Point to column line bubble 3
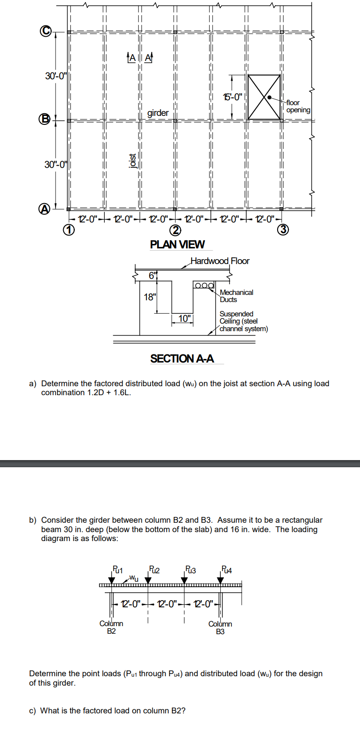[x=282, y=230]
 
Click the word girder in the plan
[x=158, y=113]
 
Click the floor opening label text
[x=298, y=107]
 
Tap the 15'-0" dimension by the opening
[x=233, y=96]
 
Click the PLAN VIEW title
[x=177, y=244]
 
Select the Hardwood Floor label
[x=220, y=261]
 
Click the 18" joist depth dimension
[x=150, y=297]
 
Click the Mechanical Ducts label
[x=236, y=296]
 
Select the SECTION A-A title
[x=182, y=358]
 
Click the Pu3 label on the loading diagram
[x=190, y=570]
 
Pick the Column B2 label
[x=111, y=627]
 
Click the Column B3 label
[x=220, y=627]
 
